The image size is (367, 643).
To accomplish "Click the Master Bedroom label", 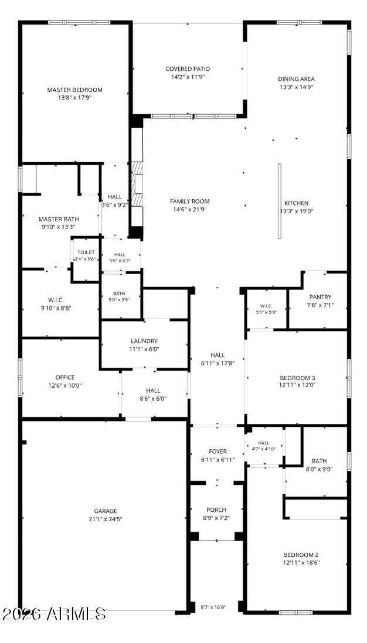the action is (x=74, y=90).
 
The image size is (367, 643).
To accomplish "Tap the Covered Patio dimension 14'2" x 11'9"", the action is (x=188, y=77).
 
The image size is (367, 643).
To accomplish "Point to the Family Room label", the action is (x=190, y=201).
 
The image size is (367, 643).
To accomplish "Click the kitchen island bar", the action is (x=280, y=201).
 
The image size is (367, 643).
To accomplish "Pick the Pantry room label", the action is (x=320, y=297).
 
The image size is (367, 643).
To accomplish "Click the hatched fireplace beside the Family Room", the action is (x=137, y=184).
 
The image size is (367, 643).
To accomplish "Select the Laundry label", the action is (x=144, y=341).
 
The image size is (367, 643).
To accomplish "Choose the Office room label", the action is (x=65, y=377).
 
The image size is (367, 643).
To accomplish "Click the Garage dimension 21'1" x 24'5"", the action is (x=106, y=519).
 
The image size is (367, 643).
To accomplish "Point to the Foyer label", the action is (x=218, y=452).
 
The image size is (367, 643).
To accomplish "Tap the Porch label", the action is (x=216, y=509).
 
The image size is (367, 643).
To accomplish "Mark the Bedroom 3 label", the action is (x=298, y=378).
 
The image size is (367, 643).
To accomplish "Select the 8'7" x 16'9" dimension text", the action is (x=213, y=607).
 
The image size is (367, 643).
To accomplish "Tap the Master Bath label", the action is (x=59, y=220).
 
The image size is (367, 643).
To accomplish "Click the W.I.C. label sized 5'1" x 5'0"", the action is (x=266, y=306).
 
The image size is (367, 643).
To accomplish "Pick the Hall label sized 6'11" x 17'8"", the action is (x=218, y=355).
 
